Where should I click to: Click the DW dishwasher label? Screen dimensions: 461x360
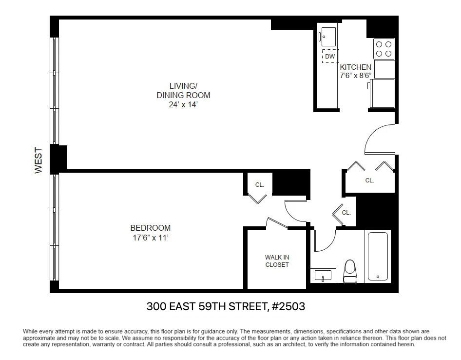330,56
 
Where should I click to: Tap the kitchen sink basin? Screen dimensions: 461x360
328,37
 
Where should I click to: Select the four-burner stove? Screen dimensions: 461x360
384,49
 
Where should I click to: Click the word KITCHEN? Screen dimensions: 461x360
355,67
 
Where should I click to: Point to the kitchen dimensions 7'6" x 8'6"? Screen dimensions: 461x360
355,76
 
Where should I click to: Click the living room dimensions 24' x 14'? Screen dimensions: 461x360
183,104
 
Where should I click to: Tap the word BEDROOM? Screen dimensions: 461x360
150,228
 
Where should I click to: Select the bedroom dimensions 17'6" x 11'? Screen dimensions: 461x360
150,238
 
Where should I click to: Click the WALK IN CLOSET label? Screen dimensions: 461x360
277,261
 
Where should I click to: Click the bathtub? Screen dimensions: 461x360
378,257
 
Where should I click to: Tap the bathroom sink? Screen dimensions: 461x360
323,276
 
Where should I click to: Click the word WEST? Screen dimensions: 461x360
38,160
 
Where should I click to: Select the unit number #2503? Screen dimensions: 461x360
288,306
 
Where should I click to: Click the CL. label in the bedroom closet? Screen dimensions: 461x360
260,185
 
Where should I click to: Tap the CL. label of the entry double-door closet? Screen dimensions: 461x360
369,180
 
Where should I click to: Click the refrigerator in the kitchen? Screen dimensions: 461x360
382,93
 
